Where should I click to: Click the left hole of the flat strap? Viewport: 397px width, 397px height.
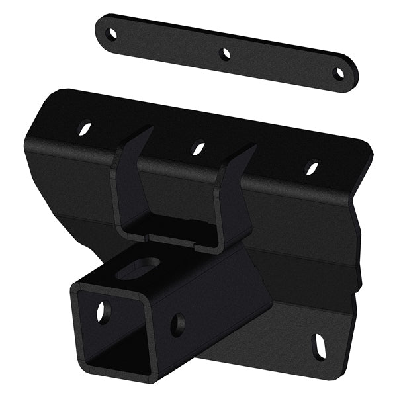point(112,33)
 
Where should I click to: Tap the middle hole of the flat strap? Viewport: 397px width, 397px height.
point(226,54)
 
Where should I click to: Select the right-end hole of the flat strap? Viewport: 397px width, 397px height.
point(339,73)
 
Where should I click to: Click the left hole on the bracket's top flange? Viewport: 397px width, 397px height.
point(85,127)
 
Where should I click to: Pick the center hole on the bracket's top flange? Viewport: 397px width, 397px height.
point(198,148)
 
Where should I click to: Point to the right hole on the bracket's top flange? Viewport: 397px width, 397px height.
point(311,168)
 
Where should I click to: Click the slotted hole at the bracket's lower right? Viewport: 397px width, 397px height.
point(319,347)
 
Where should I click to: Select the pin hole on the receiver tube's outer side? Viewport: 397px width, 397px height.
point(177,325)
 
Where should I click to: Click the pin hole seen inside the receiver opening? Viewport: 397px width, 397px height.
point(103,312)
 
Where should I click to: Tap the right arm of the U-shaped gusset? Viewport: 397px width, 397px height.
point(235,198)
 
